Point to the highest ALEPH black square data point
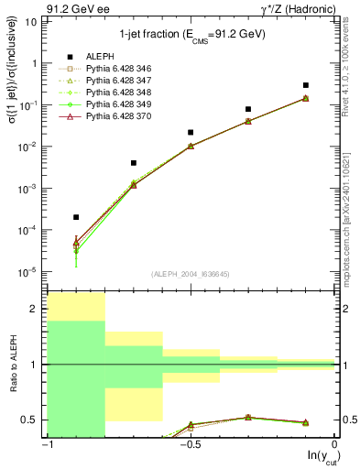coord(306,85)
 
